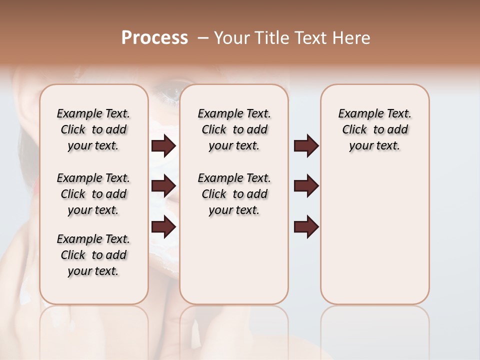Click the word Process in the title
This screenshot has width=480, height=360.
click(x=154, y=38)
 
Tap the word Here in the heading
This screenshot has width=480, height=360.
click(x=352, y=38)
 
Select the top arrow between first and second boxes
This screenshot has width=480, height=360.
click(x=163, y=146)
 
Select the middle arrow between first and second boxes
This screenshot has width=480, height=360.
click(x=163, y=186)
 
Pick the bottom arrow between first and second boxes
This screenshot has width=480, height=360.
click(x=163, y=227)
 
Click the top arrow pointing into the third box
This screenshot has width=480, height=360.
click(x=306, y=146)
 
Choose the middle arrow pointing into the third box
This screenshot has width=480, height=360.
click(x=306, y=186)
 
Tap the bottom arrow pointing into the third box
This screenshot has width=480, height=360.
click(x=306, y=227)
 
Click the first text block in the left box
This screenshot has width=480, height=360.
click(x=93, y=129)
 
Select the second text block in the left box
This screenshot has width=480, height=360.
click(x=93, y=194)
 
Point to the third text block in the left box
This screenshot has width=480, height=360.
click(x=93, y=255)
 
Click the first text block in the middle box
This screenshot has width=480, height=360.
click(x=234, y=129)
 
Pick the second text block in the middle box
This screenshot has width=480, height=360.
click(x=234, y=194)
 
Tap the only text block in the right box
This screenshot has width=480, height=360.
click(x=374, y=129)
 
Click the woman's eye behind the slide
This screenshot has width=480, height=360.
click(x=165, y=93)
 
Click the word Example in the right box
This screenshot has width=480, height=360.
click(x=356, y=114)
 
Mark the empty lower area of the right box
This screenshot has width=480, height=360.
click(x=374, y=235)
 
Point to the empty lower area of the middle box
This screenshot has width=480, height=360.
click(x=234, y=260)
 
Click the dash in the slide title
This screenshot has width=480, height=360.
click(x=202, y=38)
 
